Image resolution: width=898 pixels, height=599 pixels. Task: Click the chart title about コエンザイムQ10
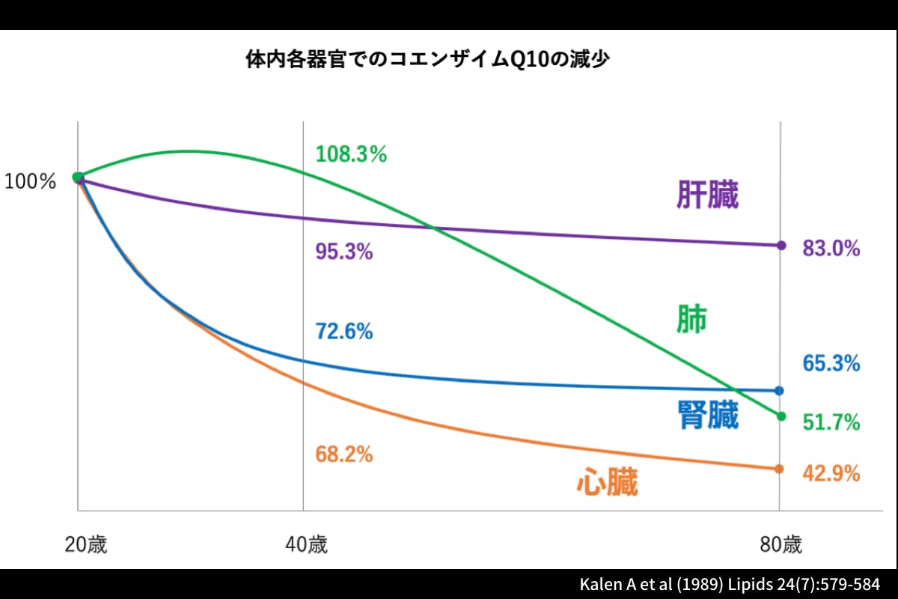427,60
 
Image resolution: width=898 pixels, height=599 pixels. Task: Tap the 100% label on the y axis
31,181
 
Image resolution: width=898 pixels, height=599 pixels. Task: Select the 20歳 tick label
85,544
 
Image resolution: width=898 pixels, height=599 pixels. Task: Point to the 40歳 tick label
306,544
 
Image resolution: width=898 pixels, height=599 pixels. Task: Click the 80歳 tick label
781,544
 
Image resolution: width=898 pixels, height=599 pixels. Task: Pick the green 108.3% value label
351,155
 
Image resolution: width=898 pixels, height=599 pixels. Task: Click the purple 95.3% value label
344,252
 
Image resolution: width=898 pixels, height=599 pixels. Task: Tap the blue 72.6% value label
344,331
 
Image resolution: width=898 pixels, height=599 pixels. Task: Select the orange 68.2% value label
344,454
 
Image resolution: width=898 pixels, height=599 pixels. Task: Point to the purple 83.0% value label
831,249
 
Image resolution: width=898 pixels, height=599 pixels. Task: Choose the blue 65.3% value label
831,364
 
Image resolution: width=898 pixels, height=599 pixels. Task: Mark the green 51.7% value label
831,423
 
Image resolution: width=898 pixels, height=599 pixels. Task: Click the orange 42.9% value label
831,474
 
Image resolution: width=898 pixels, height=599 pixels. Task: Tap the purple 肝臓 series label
707,196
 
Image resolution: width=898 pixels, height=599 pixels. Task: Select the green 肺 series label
691,320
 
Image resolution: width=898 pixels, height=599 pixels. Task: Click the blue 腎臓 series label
707,416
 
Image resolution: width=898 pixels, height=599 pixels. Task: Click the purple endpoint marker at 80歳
781,245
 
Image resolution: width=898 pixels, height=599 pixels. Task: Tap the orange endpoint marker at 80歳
779,469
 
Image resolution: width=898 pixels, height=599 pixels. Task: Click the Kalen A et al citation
730,584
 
